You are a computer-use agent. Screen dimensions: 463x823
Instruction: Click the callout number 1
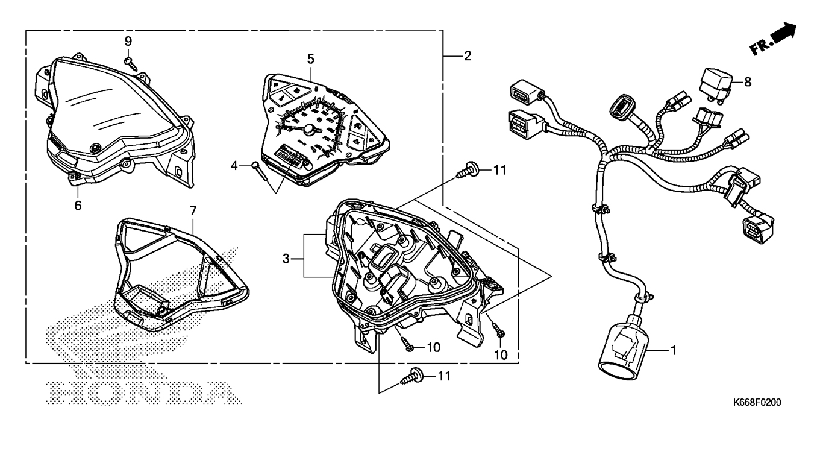(674, 350)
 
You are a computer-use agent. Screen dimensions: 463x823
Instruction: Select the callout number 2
(467, 56)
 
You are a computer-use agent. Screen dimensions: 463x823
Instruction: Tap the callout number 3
(286, 259)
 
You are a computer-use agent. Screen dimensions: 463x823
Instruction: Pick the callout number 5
(310, 59)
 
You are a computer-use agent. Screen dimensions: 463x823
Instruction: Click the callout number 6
(78, 206)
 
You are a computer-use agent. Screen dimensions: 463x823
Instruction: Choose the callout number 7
(193, 210)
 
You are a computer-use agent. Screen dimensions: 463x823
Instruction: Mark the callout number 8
(748, 82)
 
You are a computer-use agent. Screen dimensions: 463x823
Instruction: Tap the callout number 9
(128, 41)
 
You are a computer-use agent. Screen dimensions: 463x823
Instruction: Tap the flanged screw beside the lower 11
(411, 376)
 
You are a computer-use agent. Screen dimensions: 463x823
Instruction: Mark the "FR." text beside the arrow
(760, 46)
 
